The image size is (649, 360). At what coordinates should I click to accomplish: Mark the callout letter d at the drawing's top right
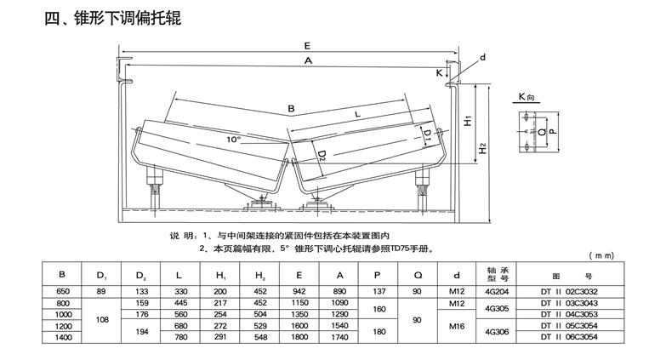[482, 56]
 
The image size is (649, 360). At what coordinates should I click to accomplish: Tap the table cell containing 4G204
[496, 291]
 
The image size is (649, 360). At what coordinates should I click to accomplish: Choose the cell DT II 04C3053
[571, 313]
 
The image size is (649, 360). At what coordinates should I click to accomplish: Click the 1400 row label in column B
[61, 337]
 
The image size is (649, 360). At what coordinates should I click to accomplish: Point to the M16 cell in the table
[458, 325]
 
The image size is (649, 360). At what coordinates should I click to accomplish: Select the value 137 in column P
[376, 291]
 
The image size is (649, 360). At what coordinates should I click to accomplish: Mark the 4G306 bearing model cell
[496, 331]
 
